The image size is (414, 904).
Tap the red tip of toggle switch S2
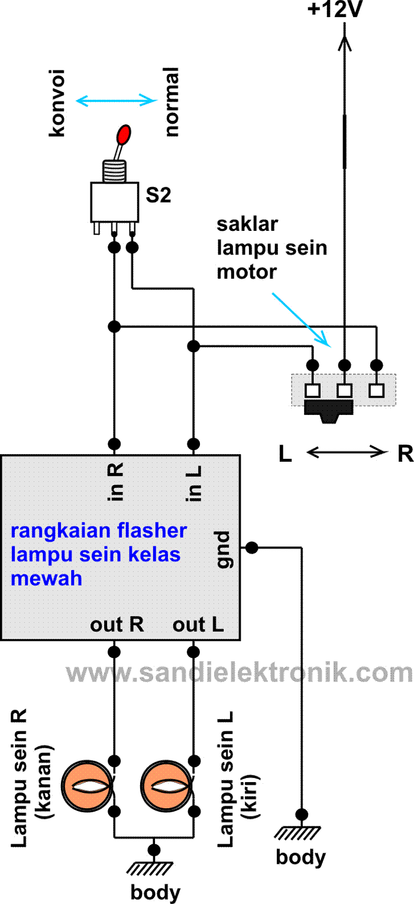pos(125,134)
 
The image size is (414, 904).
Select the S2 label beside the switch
pos(159,196)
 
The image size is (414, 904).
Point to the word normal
pos(172,102)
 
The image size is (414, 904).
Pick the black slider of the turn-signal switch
pos(328,410)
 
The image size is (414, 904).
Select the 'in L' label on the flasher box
pos(193,480)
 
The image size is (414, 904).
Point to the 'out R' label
pos(117,625)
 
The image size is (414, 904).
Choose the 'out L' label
pos(198,625)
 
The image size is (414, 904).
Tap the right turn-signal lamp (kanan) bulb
pos(88,786)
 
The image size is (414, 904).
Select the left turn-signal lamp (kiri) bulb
pos(167,786)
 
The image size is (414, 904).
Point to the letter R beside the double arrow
pos(405,453)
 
